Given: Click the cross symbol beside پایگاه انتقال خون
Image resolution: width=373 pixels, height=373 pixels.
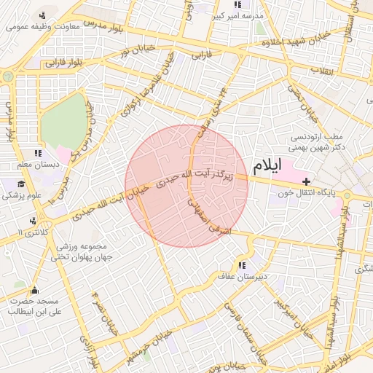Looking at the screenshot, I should pyautogui.click(x=306, y=181).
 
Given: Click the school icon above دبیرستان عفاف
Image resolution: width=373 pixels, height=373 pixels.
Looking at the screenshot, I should pyautogui.click(x=241, y=265).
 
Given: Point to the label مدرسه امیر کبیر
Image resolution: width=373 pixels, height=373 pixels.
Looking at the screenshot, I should pyautogui.click(x=237, y=15).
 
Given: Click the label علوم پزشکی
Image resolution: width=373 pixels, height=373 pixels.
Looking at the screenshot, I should pyautogui.click(x=22, y=196).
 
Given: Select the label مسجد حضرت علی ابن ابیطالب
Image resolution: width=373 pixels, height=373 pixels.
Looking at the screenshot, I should pyautogui.click(x=33, y=305).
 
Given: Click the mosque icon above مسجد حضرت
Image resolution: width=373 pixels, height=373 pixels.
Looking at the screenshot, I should pyautogui.click(x=34, y=290).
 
